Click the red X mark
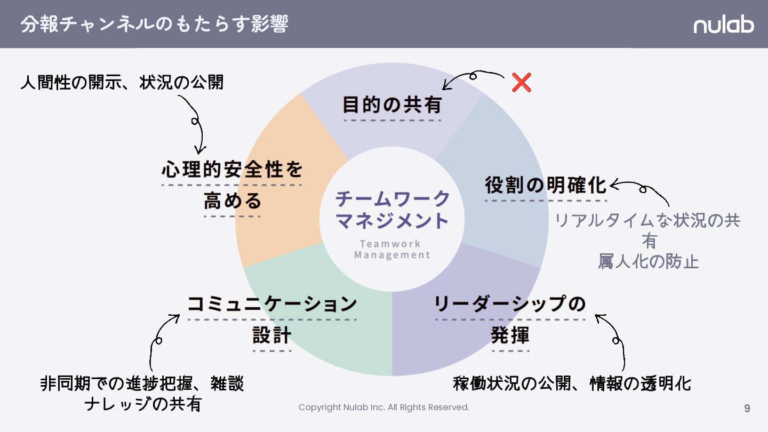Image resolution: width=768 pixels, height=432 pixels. pyautogui.click(x=521, y=82)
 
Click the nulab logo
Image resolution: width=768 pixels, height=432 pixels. pyautogui.click(x=723, y=25)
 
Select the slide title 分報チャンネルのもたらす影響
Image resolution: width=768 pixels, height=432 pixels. pyautogui.click(x=155, y=25)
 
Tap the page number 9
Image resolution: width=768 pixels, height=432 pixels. pyautogui.click(x=747, y=409)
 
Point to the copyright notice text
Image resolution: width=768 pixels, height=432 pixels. pyautogui.click(x=383, y=407)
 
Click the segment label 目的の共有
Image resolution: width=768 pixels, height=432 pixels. pyautogui.click(x=392, y=104)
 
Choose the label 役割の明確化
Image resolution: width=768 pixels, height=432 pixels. pyautogui.click(x=546, y=185)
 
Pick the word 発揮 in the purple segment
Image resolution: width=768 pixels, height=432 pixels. pyautogui.click(x=510, y=335)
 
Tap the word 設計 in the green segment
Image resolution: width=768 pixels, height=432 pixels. pyautogui.click(x=271, y=335)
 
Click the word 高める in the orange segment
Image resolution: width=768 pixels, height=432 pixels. pyautogui.click(x=233, y=201)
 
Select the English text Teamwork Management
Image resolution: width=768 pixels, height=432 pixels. pyautogui.click(x=392, y=249)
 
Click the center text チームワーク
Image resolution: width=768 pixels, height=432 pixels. pyautogui.click(x=393, y=198)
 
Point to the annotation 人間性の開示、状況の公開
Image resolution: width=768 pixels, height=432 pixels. pyautogui.click(x=122, y=83)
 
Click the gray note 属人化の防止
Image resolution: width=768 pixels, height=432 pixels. pyautogui.click(x=648, y=261)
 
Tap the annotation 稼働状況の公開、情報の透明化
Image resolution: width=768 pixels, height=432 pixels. pyautogui.click(x=572, y=383)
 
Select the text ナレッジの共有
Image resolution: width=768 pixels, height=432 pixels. pyautogui.click(x=143, y=404)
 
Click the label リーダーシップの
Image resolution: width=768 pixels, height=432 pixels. pyautogui.click(x=509, y=304)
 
